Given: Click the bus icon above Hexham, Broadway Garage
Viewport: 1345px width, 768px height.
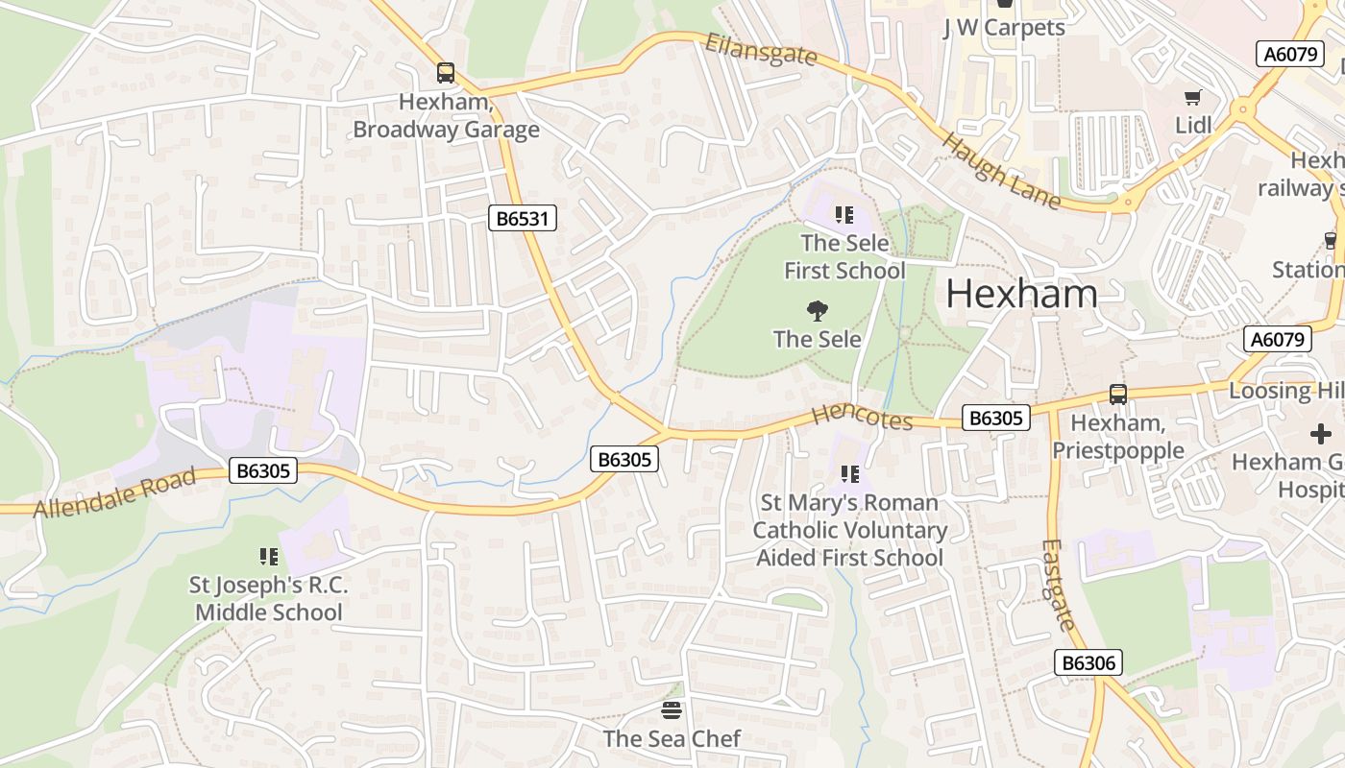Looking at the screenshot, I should (x=446, y=73).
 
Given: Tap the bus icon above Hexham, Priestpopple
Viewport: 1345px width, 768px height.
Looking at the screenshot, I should (x=1118, y=394).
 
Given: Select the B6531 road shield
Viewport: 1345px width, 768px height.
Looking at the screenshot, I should (x=522, y=219).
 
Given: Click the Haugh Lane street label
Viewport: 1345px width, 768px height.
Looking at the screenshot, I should (x=1001, y=171).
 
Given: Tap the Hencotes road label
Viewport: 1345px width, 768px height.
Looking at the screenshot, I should (x=862, y=418).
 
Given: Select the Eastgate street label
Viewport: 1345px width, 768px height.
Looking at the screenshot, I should (x=1057, y=585).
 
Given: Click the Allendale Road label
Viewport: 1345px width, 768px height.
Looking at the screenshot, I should (x=115, y=492).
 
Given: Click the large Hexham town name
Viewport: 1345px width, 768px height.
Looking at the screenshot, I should (x=1021, y=294).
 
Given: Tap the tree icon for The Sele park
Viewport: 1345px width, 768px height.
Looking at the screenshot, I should (x=818, y=311).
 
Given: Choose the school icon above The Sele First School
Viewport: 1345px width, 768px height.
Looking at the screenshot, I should (x=844, y=215).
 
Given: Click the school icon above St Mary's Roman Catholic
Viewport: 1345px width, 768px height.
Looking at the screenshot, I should (x=849, y=474).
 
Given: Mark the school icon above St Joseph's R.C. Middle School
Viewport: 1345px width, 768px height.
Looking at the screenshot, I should (x=269, y=557).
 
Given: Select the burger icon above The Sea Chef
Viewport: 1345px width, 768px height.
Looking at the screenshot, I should (x=672, y=710).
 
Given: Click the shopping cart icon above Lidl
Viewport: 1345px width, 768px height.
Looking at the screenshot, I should (x=1193, y=97).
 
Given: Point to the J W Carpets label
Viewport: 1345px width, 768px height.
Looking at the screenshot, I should (x=1004, y=28).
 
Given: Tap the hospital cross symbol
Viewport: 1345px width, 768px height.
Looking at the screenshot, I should (x=1321, y=434).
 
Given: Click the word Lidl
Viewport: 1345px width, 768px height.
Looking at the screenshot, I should (x=1193, y=125).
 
